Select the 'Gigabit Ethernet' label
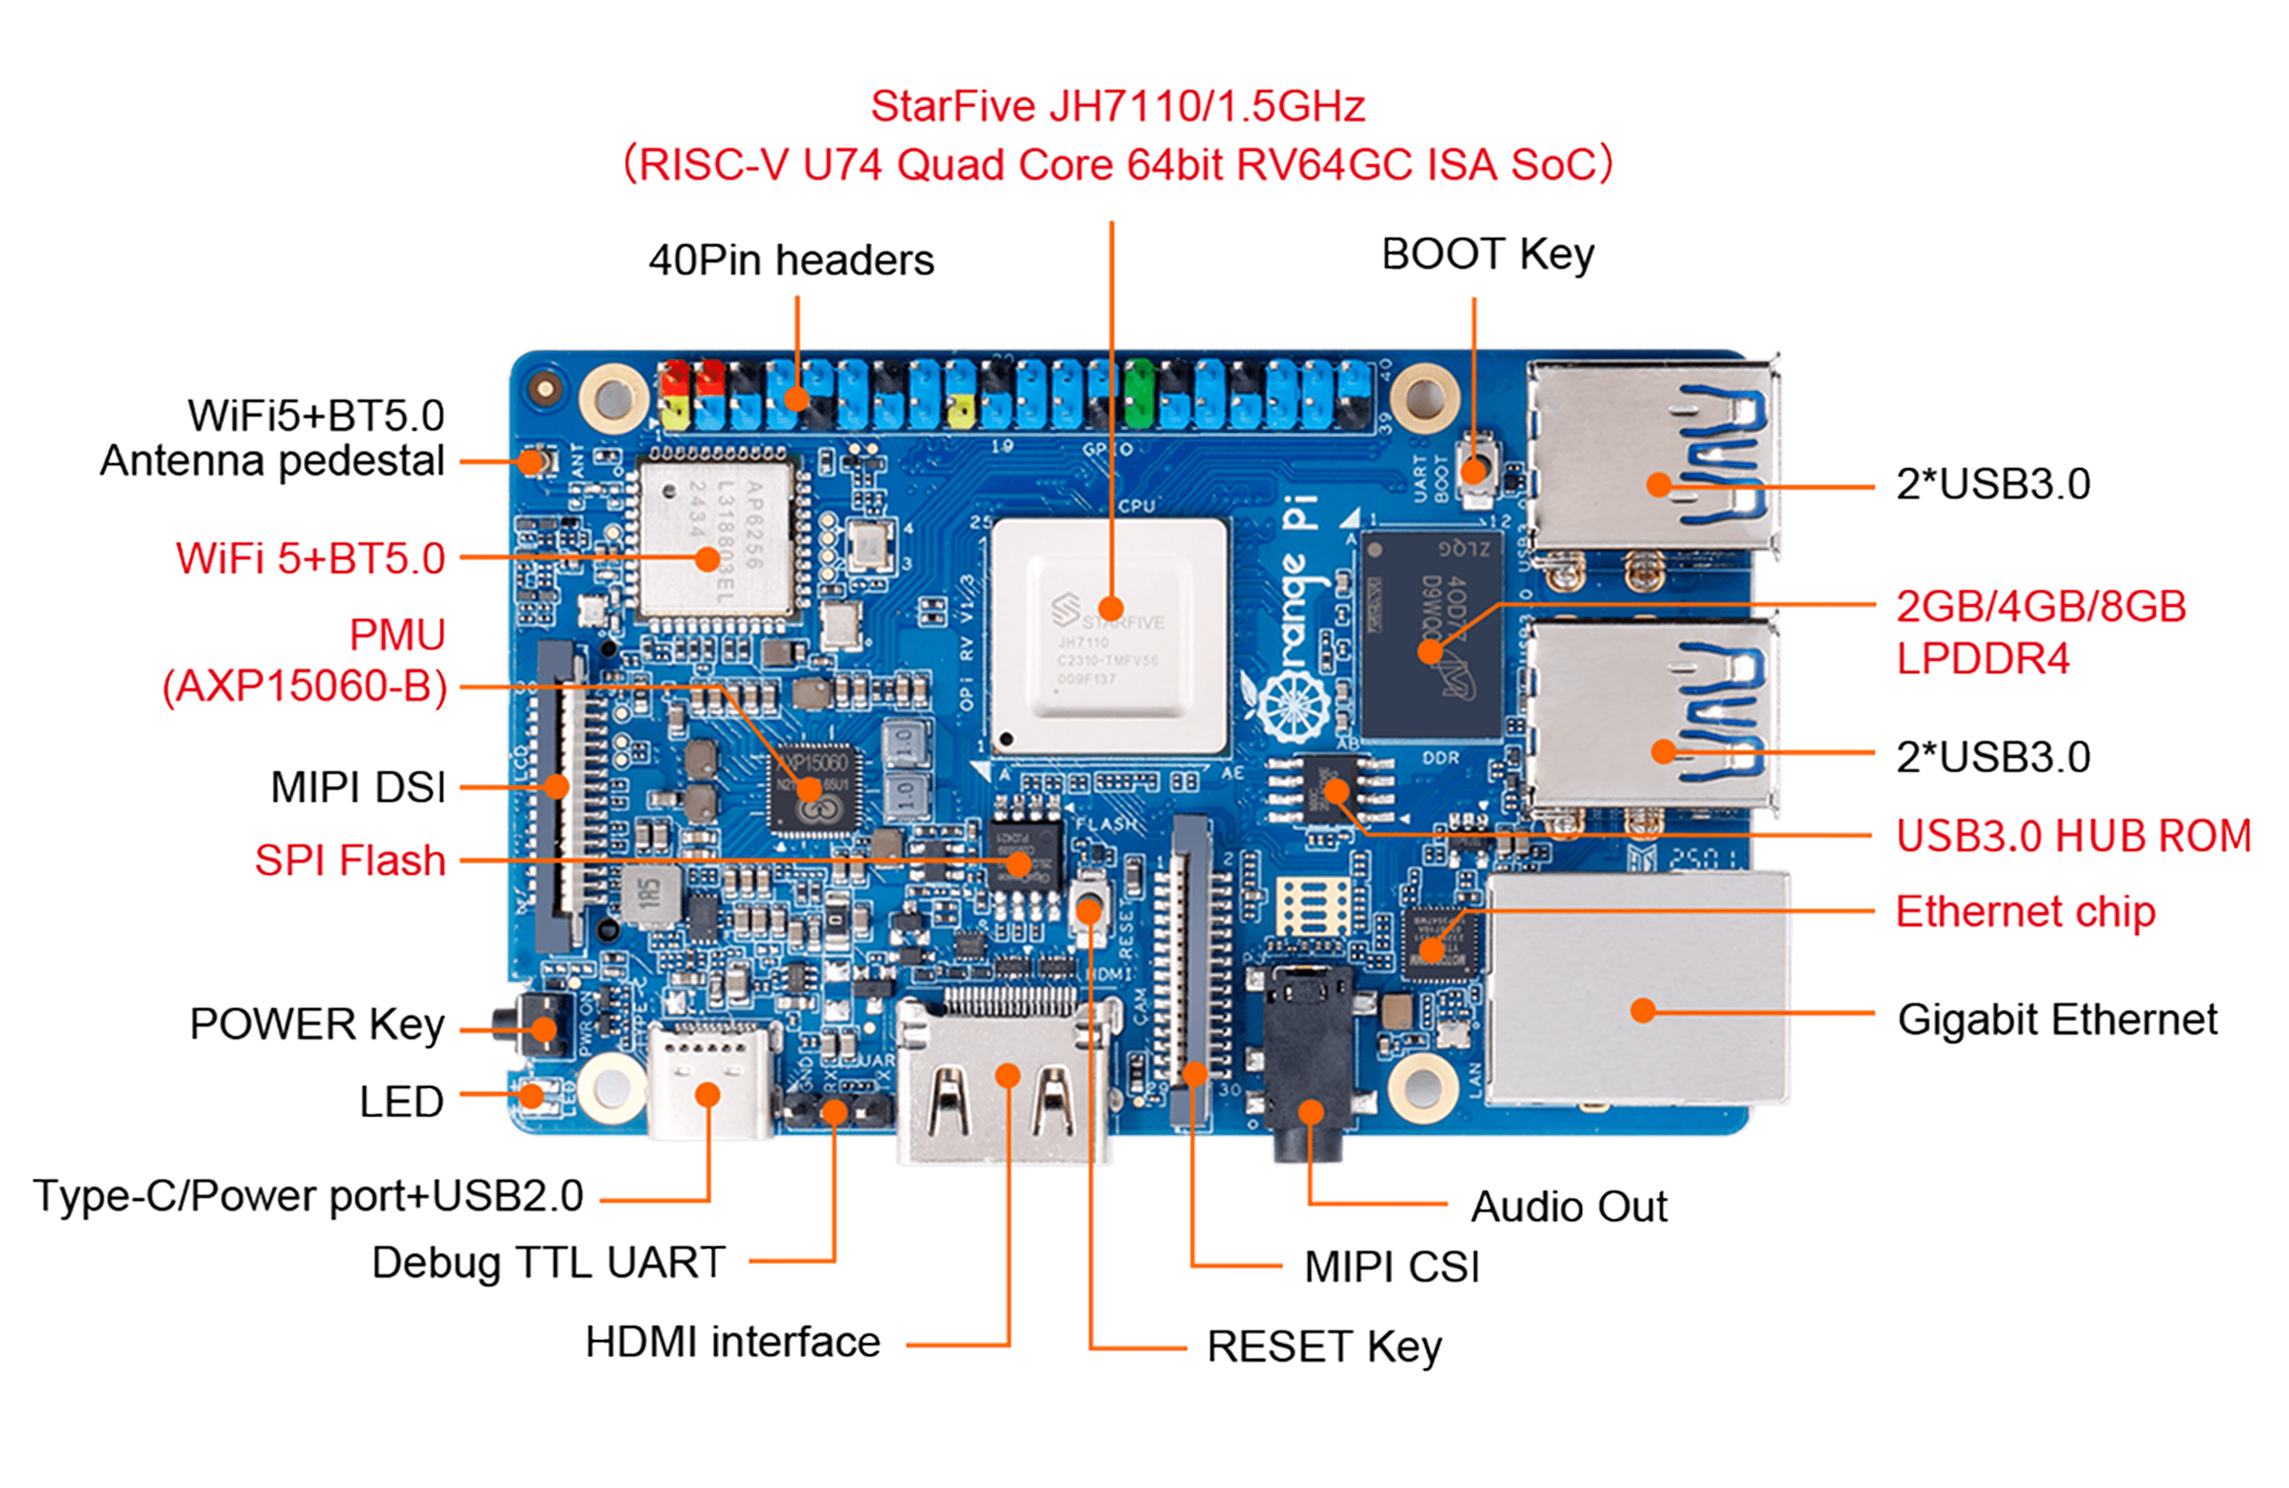pos(2057,1019)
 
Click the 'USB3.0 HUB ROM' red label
pos(2073,835)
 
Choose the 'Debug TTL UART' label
pos(548,1263)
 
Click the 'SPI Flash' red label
pos(350,860)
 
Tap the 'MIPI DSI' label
pos(358,787)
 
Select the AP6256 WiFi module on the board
pos(717,539)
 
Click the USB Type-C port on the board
pos(710,1082)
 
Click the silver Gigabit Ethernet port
pos(1640,991)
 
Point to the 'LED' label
pos(401,1101)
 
